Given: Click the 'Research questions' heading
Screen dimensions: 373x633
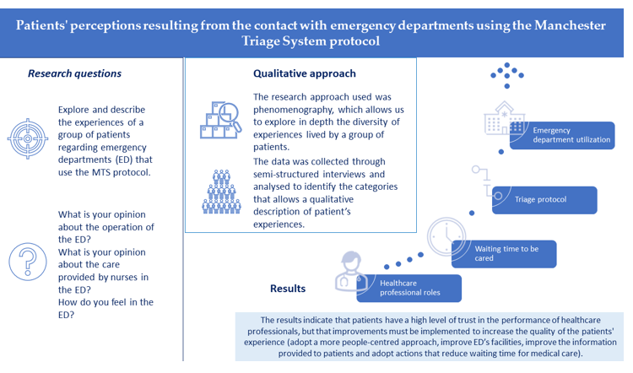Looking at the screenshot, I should [74, 73].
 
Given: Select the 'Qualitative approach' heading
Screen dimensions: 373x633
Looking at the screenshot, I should [305, 74].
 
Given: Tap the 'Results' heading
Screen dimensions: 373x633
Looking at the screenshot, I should [288, 289].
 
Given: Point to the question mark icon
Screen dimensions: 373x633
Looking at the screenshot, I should [28, 261].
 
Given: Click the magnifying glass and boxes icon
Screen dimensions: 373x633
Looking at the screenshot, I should [220, 120].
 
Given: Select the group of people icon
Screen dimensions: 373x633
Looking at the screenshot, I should [222, 192].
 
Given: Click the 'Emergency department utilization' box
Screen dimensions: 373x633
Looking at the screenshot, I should [571, 135].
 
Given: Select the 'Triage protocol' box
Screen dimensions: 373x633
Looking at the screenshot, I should [544, 200].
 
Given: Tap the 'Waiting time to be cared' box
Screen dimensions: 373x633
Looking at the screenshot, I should [505, 253].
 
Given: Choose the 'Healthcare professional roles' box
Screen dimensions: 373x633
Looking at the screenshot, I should [409, 289].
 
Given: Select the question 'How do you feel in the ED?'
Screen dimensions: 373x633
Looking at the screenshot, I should [105, 309].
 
